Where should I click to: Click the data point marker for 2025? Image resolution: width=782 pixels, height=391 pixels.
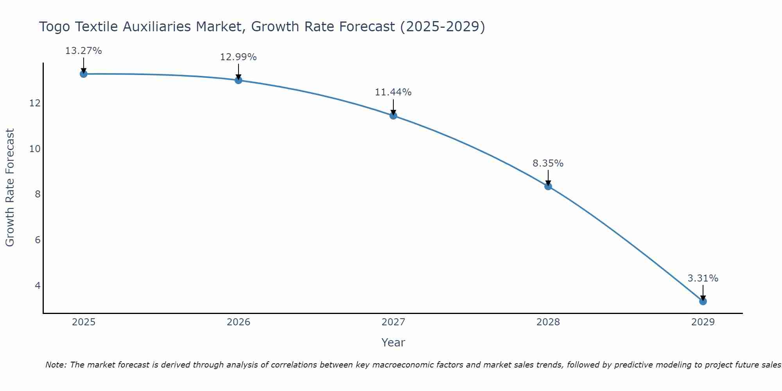click(x=83, y=74)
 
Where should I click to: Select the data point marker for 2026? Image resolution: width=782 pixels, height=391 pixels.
click(x=239, y=80)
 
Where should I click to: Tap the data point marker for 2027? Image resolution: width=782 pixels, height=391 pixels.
click(x=393, y=115)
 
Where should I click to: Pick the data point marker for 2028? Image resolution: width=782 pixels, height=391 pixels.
click(x=548, y=186)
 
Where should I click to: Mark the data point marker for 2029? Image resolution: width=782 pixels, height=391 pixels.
click(x=703, y=301)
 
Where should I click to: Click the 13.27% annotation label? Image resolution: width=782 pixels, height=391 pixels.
click(x=83, y=51)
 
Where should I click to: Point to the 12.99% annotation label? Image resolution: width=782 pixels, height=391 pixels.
click(x=238, y=57)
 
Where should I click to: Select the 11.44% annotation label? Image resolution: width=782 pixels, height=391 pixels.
click(x=393, y=92)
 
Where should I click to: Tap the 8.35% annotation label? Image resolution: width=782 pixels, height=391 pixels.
click(x=548, y=163)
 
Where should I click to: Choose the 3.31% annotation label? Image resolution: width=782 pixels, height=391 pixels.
click(x=703, y=278)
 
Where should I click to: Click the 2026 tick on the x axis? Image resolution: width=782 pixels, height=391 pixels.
click(x=239, y=322)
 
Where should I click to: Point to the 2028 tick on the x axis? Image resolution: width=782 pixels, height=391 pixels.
click(x=548, y=322)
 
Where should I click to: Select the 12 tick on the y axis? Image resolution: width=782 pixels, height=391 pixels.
click(x=35, y=103)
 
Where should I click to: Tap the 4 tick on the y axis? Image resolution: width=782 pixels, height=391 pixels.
click(x=38, y=285)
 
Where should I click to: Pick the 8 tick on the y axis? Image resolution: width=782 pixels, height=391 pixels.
click(x=38, y=194)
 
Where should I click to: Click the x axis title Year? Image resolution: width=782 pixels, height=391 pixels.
click(x=393, y=343)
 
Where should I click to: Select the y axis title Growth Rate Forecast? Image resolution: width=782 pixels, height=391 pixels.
click(x=10, y=188)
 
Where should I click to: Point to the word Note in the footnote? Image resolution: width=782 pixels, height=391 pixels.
click(x=56, y=365)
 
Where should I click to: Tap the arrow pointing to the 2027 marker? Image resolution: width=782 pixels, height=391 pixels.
click(x=393, y=107)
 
